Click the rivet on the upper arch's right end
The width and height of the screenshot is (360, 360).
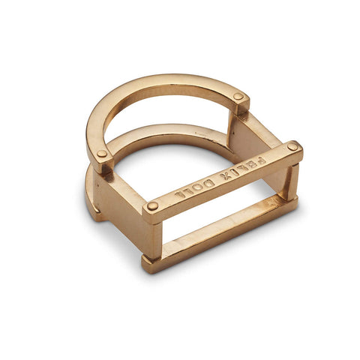(x=238, y=97)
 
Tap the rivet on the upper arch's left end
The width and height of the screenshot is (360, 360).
(x=102, y=154)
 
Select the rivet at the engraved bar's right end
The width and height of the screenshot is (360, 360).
(x=292, y=146)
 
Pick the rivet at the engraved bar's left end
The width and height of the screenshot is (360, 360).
(x=152, y=205)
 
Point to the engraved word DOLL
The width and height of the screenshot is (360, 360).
(x=192, y=188)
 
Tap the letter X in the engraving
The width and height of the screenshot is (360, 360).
(x=221, y=175)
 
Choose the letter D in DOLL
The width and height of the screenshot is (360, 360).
(x=204, y=183)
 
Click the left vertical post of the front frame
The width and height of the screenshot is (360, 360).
(x=153, y=237)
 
